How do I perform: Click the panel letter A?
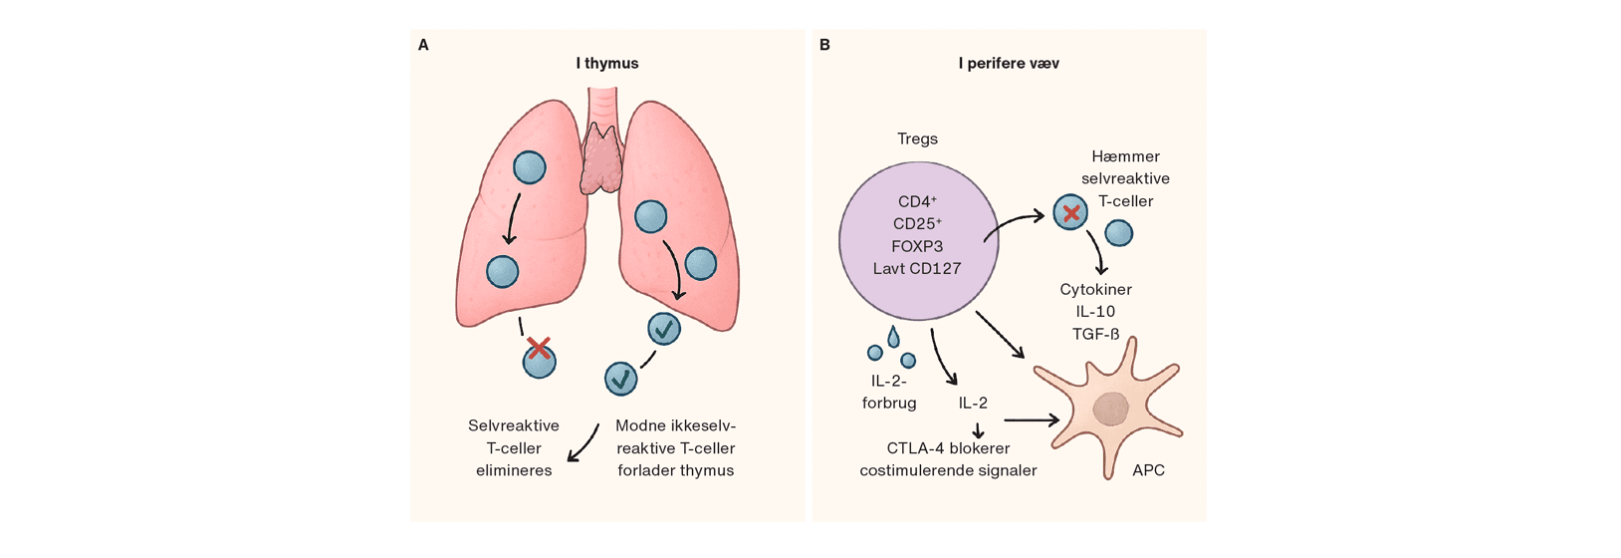point(423,45)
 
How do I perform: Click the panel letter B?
point(824,45)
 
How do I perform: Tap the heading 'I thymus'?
point(607,63)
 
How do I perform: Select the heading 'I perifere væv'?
point(1009,63)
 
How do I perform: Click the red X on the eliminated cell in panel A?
point(539,348)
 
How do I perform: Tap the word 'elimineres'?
point(514,470)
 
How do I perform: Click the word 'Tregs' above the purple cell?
point(917,139)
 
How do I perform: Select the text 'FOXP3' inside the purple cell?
point(917,246)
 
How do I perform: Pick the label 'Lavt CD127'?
point(917,268)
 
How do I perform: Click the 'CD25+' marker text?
point(917,223)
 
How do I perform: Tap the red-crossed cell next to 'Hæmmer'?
point(1070,213)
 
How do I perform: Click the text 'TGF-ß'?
point(1095,334)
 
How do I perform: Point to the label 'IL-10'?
point(1095,311)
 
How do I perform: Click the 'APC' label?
point(1148,470)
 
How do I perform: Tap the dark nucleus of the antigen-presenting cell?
point(1110,408)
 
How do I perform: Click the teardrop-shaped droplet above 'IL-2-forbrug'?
point(893,336)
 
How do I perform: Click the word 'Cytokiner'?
point(1095,289)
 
